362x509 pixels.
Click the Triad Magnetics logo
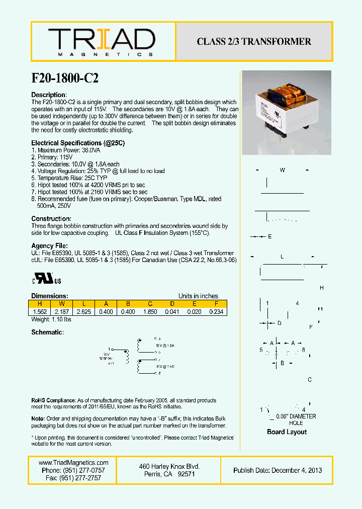101,42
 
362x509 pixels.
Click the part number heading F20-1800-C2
64,78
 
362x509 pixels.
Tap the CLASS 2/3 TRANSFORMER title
254,42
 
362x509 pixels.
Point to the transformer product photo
286,112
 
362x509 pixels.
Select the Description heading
49,95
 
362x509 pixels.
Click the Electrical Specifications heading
78,143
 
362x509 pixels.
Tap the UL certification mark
47,279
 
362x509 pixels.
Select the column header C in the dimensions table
150,304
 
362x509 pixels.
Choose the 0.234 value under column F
216,312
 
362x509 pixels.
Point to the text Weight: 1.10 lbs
51,319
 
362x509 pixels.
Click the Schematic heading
47,332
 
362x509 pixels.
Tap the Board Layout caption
287,432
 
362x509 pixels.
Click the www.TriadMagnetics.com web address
73,463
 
